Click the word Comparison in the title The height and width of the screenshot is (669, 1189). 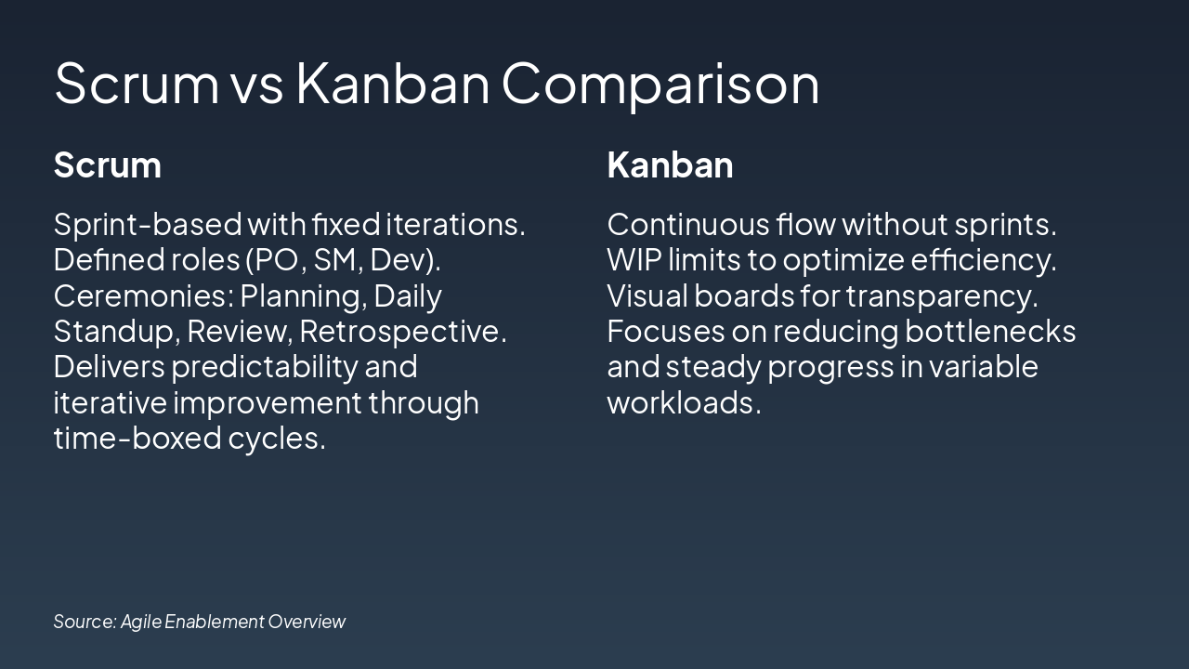660,85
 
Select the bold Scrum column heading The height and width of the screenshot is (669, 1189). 107,165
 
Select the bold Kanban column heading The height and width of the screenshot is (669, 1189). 670,164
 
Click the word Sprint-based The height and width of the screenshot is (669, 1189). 148,225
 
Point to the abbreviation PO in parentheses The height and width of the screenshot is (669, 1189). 281,260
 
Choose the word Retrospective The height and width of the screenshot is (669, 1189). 403,333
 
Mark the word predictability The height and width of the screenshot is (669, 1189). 265,367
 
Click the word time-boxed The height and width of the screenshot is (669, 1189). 137,439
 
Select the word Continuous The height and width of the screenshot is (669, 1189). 688,225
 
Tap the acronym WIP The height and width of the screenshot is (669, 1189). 634,260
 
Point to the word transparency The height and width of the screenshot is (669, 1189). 942,296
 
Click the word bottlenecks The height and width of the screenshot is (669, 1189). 990,332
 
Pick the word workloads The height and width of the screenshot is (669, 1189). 684,402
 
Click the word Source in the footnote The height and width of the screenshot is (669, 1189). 85,622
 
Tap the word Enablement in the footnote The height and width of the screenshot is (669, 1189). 215,622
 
